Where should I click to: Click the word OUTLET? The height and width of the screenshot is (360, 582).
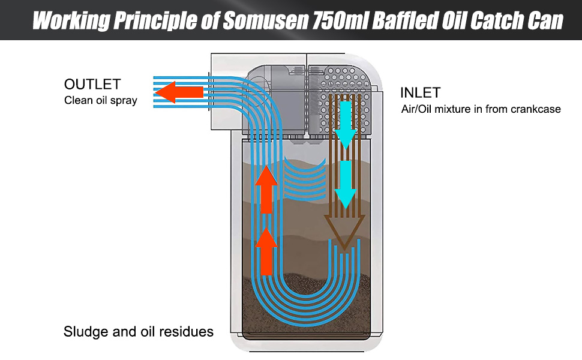pos(92,84)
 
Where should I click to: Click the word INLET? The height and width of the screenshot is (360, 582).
pos(420,92)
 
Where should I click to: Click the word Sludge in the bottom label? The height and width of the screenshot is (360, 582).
pos(86,331)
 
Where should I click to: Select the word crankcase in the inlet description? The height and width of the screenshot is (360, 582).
pos(535,109)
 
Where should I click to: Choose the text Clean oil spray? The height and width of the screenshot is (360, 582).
pos(100,100)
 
